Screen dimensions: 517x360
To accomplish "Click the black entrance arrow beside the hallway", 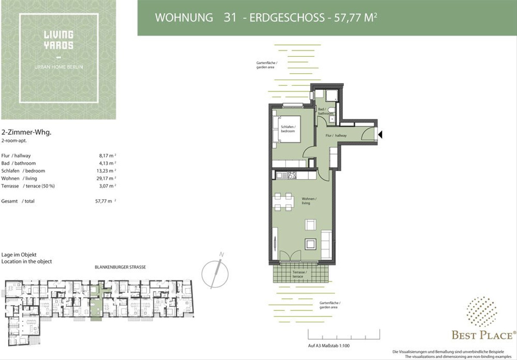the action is [x=380, y=134].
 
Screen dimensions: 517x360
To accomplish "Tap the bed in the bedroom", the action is [x=287, y=129].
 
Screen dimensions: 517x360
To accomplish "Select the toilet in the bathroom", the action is [x=331, y=109].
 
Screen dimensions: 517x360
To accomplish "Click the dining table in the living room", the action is [x=283, y=202].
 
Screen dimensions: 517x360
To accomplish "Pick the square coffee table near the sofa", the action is [x=311, y=244].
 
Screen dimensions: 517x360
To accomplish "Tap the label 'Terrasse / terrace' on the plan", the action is [x=299, y=274].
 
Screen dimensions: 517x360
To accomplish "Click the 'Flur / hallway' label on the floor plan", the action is [x=336, y=135].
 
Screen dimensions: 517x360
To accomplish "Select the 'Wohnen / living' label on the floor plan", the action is [x=309, y=201].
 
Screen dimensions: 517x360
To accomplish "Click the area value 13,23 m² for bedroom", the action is [x=106, y=171].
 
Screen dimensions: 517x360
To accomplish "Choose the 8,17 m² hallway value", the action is [x=107, y=155].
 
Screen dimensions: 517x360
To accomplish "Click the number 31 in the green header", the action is [x=230, y=18].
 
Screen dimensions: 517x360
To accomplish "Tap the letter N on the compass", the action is [x=221, y=254].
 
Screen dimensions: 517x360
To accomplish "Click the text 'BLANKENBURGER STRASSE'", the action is [x=120, y=267].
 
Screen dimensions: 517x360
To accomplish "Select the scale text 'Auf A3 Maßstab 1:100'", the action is [x=329, y=346].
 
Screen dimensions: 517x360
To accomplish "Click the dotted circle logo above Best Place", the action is [x=482, y=312].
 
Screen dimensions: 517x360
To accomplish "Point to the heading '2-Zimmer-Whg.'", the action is [x=26, y=132].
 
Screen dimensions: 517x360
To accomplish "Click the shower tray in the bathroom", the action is [x=332, y=96].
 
